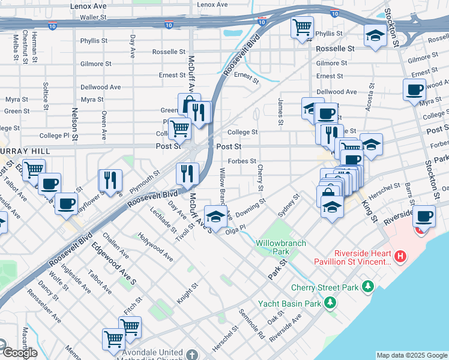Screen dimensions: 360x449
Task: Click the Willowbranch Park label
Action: [281, 247]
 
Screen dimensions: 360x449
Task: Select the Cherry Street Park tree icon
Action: [367, 287]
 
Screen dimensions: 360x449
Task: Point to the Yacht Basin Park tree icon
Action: [330, 304]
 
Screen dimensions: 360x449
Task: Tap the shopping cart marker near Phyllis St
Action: [302, 27]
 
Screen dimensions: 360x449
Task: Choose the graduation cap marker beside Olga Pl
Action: [216, 215]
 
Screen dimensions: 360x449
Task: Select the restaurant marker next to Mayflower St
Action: [110, 179]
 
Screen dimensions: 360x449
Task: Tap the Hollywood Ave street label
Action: [155, 247]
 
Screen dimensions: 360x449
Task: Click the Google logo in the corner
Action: [19, 352]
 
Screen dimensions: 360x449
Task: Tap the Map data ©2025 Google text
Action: [411, 355]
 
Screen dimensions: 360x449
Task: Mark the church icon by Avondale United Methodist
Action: [191, 353]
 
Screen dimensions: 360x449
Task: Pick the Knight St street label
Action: [187, 293]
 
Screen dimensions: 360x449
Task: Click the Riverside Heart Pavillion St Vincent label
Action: [354, 257]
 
